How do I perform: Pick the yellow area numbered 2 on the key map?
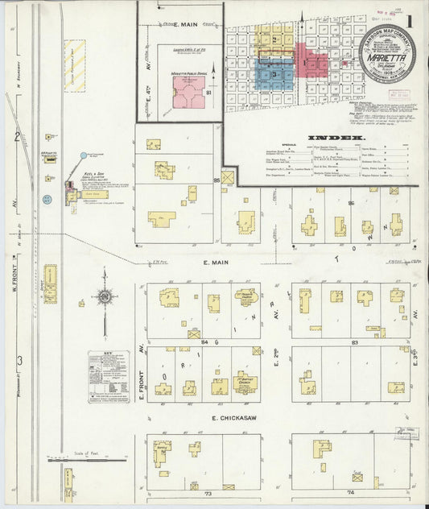click(x=274, y=39)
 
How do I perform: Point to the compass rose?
click(x=105, y=300)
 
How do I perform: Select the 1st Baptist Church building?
click(x=244, y=382)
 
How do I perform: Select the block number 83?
click(x=354, y=342)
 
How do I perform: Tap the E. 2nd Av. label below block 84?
click(x=275, y=373)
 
